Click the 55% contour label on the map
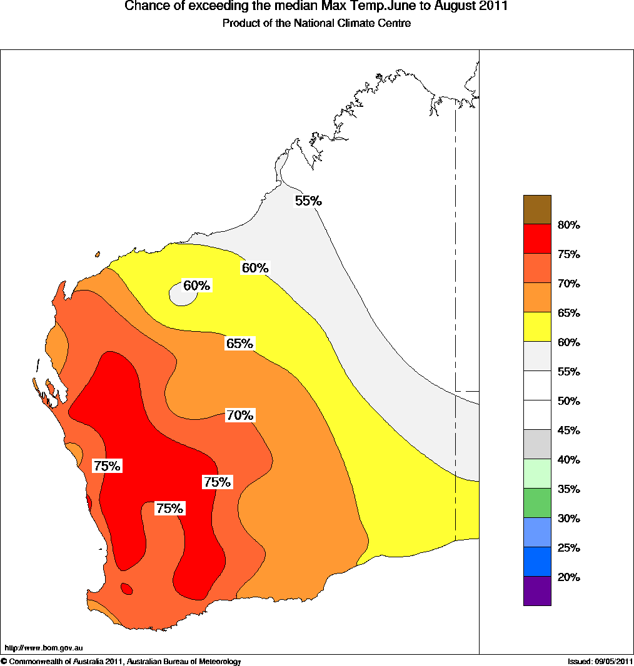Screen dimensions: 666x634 [x=308, y=201]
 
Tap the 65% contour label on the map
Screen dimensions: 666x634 [x=239, y=344]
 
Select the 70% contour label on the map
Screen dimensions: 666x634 [x=239, y=415]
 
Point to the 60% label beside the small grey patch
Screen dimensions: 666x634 [x=197, y=286]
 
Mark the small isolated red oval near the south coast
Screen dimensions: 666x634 [x=126, y=588]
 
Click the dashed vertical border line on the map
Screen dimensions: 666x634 [x=455, y=250]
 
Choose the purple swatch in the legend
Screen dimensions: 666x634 [x=537, y=591]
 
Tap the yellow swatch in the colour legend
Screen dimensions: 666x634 [x=537, y=327]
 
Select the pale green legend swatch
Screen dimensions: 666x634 [x=537, y=474]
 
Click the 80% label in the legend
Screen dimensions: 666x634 [x=568, y=225]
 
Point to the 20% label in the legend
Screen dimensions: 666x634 [x=568, y=577]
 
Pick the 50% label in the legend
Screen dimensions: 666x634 [x=568, y=401]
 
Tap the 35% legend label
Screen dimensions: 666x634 [x=568, y=489]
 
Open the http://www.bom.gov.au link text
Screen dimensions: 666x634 [x=44, y=649]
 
